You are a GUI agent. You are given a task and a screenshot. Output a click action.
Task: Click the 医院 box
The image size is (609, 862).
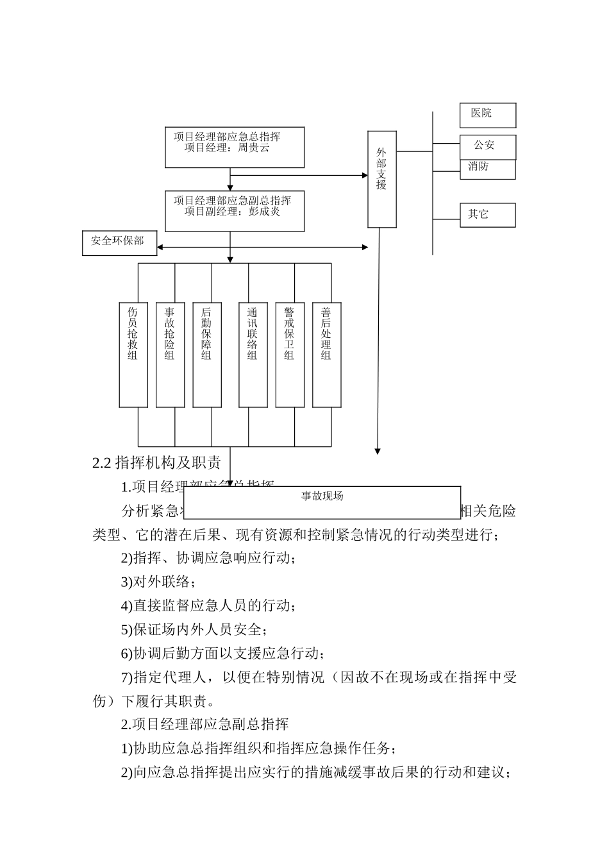click(x=487, y=115)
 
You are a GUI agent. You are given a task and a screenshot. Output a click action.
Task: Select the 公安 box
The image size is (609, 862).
click(x=487, y=146)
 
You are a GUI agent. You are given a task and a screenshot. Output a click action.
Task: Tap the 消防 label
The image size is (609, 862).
click(x=478, y=167)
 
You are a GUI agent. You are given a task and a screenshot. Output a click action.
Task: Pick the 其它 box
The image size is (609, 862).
click(x=487, y=215)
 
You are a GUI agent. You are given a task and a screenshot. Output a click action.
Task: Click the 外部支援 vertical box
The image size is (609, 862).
click(x=381, y=179)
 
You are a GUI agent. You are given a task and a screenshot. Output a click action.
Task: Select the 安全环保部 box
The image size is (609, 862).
click(x=119, y=242)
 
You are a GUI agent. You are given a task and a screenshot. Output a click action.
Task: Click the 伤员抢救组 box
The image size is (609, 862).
click(x=133, y=355)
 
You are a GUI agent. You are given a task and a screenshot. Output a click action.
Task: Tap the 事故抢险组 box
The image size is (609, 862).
click(x=170, y=355)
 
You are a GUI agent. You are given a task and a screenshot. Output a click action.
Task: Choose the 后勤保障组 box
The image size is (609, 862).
click(x=206, y=355)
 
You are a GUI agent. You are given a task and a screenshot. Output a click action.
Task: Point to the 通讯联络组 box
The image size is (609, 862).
click(x=253, y=355)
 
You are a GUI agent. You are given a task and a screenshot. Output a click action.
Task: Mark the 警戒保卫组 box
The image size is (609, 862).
click(x=289, y=355)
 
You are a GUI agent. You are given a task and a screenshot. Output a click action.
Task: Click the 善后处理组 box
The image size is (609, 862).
click(x=326, y=355)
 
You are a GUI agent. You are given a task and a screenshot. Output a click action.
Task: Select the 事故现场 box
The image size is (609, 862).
click(x=322, y=502)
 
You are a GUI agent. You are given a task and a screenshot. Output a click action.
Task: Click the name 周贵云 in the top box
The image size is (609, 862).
click(x=253, y=148)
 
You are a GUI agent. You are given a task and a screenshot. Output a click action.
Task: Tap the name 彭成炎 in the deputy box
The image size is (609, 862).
click(x=264, y=212)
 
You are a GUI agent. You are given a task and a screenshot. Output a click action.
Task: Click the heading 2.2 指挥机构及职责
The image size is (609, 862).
click(x=157, y=463)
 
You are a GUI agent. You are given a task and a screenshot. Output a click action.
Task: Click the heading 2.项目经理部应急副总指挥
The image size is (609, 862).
click(x=205, y=724)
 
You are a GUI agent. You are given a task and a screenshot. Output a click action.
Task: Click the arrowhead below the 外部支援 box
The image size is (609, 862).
click(x=378, y=451)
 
